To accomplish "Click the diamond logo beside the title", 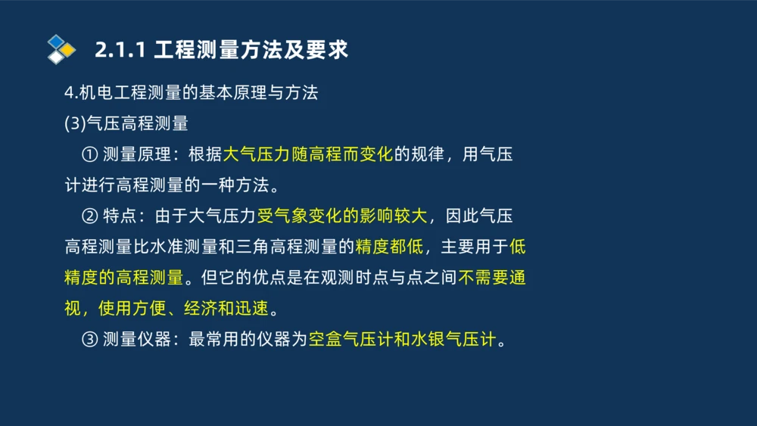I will coord(61,49).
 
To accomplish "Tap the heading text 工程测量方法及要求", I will coord(251,50).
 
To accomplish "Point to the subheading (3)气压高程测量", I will coord(126,123).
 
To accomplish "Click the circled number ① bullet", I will coord(89,154).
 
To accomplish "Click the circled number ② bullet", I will coord(89,216).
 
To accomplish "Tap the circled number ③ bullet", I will coord(89,340).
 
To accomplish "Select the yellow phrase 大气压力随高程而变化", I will coord(308,154).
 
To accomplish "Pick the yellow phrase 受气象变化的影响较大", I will coord(342,216).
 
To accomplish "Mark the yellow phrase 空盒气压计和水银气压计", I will coord(402,340).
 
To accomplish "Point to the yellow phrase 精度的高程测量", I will coord(123,278).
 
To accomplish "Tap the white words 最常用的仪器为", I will coord(248,340).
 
